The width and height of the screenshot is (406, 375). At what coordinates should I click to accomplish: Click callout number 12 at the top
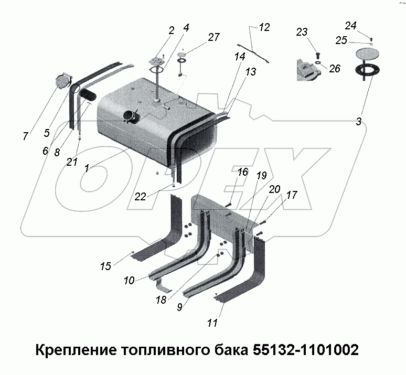pyautogui.click(x=264, y=28)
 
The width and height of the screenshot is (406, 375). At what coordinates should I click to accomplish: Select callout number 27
pyautogui.click(x=214, y=37)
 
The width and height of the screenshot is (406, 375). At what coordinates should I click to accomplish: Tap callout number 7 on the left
pyautogui.click(x=25, y=136)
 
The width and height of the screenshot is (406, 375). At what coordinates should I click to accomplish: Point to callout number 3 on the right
pyautogui.click(x=358, y=122)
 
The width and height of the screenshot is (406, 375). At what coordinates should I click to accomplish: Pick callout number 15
pyautogui.click(x=106, y=266)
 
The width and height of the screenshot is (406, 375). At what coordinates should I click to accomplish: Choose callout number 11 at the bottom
pyautogui.click(x=212, y=324)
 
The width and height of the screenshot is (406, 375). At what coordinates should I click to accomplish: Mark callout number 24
pyautogui.click(x=351, y=25)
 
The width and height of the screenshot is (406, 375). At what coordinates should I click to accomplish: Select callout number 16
pyautogui.click(x=242, y=172)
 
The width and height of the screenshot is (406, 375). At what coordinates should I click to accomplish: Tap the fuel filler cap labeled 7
pyautogui.click(x=63, y=82)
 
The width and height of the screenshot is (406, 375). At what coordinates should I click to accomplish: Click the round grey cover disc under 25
pyautogui.click(x=367, y=53)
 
